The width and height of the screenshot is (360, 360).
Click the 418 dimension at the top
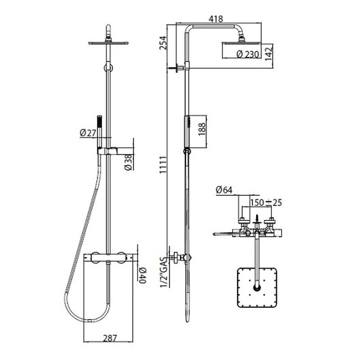pos(217,19)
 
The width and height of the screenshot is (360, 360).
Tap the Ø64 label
pos(225,190)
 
